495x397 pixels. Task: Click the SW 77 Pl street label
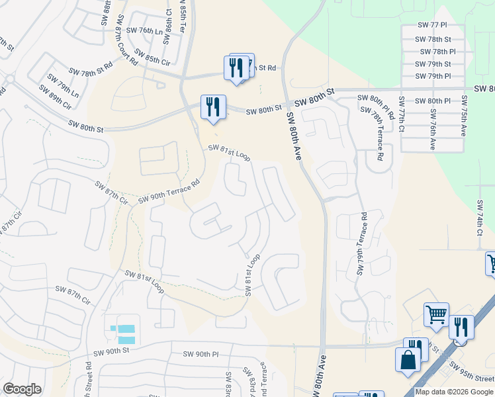(x=433, y=24)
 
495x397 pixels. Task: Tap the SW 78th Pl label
(x=435, y=51)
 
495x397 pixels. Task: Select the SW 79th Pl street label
(x=435, y=76)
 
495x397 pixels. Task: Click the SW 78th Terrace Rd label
(x=376, y=137)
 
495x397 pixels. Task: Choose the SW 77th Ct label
(x=401, y=114)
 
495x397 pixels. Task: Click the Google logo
(x=22, y=388)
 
